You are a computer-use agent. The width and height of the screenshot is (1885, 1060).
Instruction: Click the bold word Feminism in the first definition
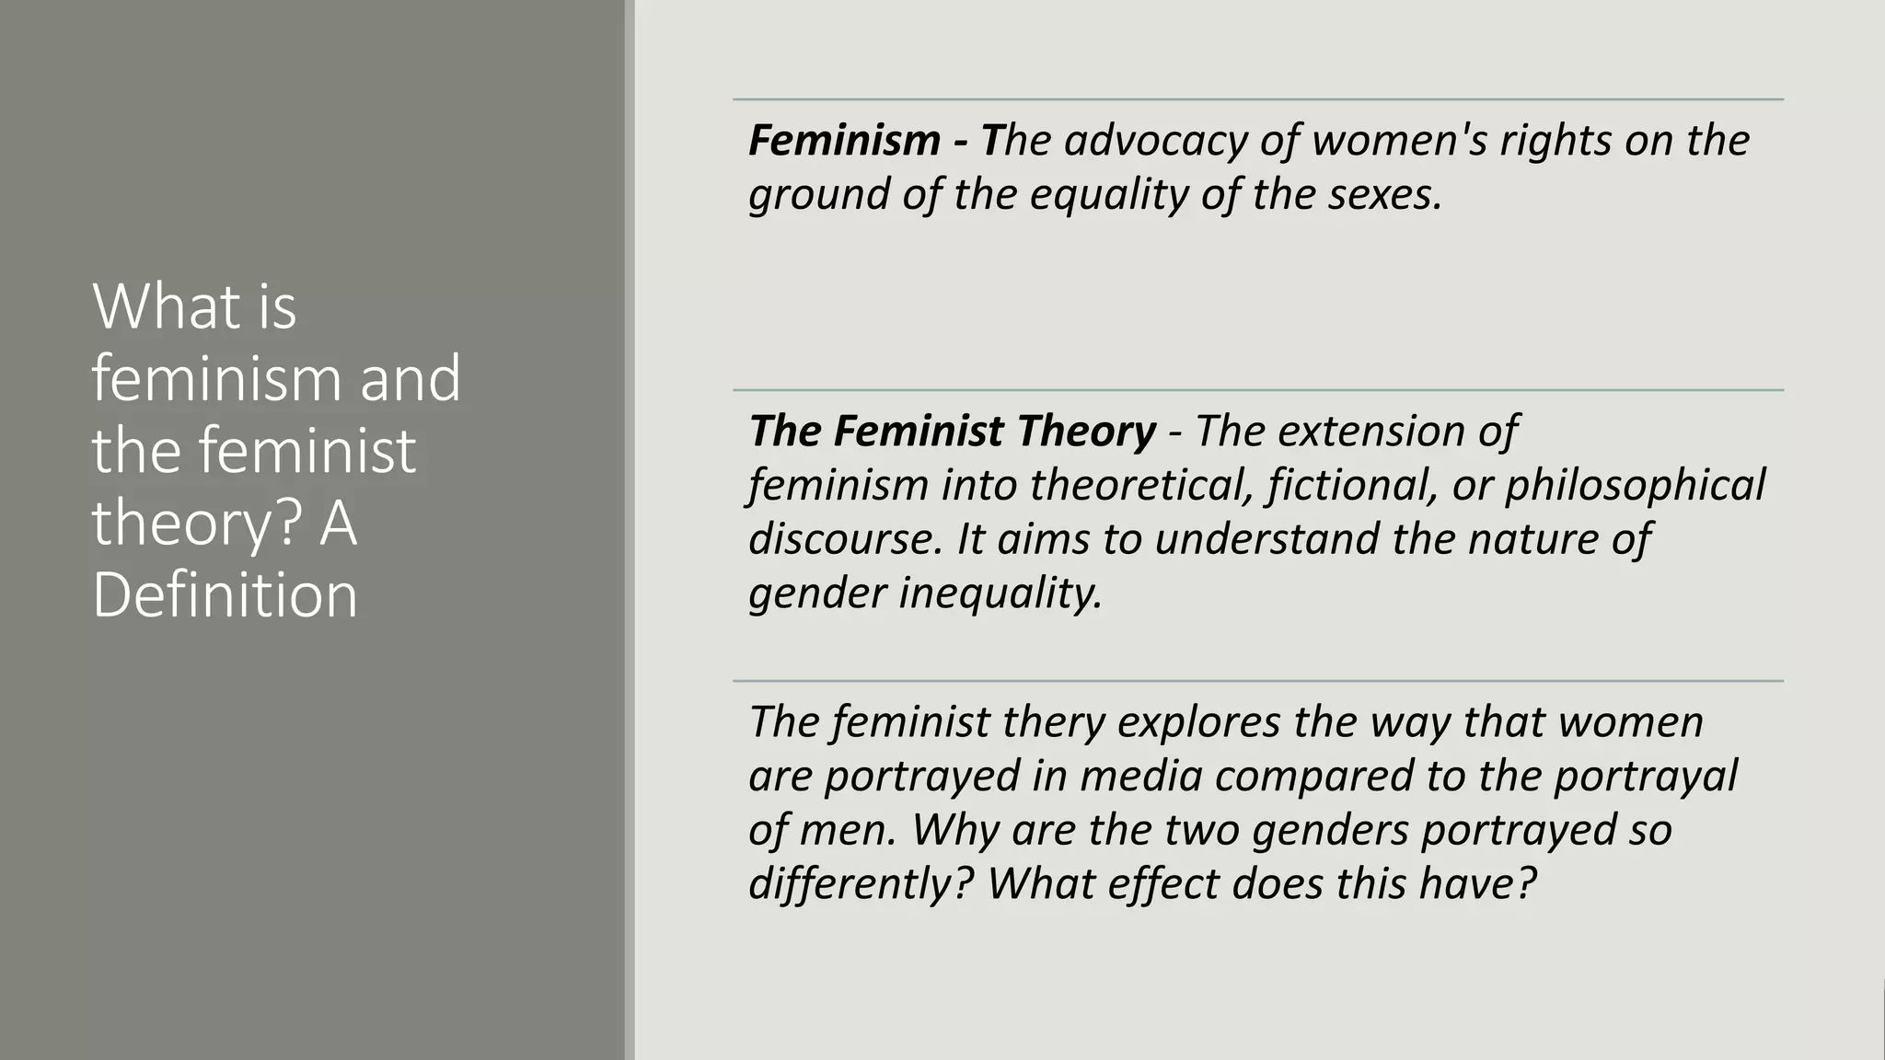pyautogui.click(x=844, y=141)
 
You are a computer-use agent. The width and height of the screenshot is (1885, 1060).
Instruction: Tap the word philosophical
pyautogui.click(x=1635, y=485)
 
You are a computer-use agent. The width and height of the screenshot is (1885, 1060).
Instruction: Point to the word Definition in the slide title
pyautogui.click(x=225, y=595)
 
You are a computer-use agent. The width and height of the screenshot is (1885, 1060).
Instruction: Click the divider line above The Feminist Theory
pyautogui.click(x=1257, y=390)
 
